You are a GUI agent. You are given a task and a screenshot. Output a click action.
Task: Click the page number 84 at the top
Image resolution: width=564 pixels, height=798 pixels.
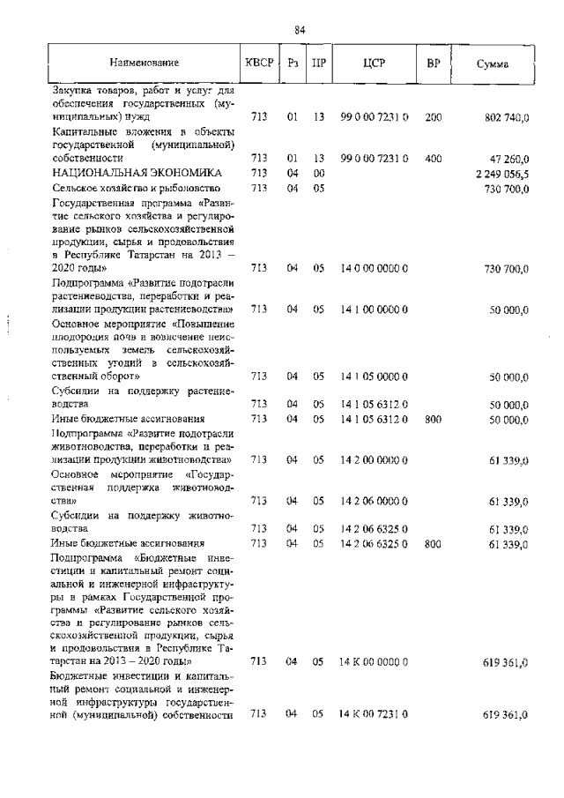(300, 30)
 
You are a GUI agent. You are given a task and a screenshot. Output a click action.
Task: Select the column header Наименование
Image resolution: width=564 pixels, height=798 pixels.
(145, 63)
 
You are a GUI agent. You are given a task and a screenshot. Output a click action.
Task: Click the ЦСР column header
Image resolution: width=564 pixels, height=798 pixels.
(374, 63)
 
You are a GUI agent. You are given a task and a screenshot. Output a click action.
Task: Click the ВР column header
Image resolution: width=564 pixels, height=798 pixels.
(433, 63)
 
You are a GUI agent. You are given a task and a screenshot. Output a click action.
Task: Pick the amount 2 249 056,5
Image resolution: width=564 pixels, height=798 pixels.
(501, 174)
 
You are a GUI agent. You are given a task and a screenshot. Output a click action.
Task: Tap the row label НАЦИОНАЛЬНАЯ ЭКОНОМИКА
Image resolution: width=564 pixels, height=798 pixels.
(136, 174)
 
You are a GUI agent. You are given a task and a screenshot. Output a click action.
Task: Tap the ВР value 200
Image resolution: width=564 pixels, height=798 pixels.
(433, 116)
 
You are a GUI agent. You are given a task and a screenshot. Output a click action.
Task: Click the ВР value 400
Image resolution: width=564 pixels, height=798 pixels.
(433, 159)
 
